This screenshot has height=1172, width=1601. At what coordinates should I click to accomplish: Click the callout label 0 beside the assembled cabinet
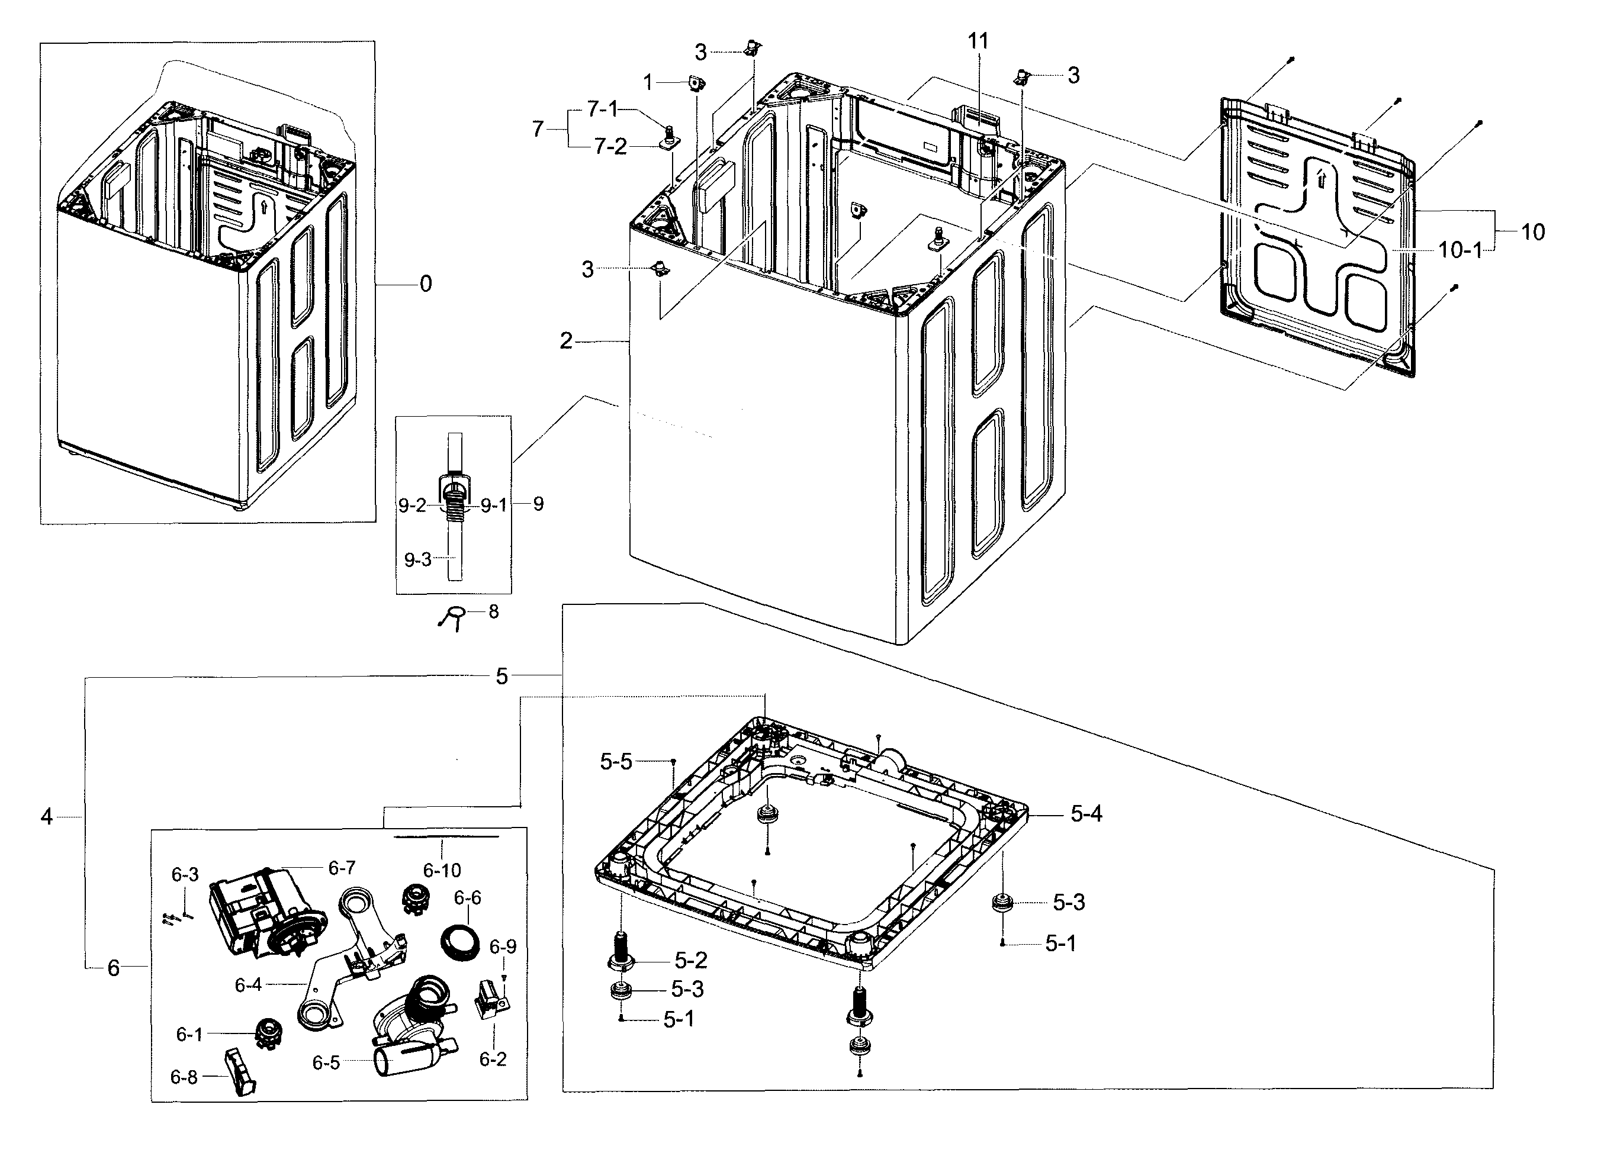(425, 285)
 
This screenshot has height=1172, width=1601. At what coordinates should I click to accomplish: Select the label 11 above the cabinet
(978, 41)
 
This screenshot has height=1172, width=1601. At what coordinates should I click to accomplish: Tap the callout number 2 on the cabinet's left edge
(565, 342)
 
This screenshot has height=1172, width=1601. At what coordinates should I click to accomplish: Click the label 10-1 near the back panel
(1459, 250)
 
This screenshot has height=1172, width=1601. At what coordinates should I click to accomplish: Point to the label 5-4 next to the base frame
(1086, 814)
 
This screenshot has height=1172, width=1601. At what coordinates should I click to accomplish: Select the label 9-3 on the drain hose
(417, 560)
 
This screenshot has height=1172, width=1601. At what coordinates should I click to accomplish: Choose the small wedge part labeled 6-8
(240, 1073)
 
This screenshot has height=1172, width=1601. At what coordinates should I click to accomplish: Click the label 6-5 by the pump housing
(326, 1062)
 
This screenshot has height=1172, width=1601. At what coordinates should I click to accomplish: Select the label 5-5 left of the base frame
(615, 762)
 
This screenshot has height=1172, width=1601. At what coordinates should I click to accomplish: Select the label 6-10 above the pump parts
(442, 870)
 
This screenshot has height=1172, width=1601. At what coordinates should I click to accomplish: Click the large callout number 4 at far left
(46, 817)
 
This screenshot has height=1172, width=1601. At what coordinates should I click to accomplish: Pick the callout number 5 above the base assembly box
(501, 676)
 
